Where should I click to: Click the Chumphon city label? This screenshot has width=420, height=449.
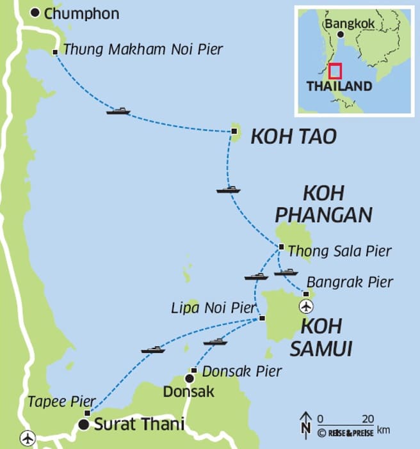point(82,13)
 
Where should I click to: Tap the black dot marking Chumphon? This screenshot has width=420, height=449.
point(35,12)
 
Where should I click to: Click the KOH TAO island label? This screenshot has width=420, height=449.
point(293,136)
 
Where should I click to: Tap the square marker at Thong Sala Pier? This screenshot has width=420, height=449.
point(281,247)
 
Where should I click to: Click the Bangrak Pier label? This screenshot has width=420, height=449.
point(350,281)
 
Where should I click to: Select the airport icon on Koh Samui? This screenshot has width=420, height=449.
point(307,306)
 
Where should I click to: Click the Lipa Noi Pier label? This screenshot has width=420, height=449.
point(214,308)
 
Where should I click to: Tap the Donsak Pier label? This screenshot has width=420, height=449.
point(241,371)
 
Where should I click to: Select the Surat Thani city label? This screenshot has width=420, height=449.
point(139,423)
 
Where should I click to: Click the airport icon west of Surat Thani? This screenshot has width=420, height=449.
point(27,439)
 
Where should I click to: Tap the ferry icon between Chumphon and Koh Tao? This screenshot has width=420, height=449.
point(118,111)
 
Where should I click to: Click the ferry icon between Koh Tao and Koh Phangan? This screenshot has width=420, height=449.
point(228,189)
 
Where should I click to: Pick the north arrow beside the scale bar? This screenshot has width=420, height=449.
point(305,423)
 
